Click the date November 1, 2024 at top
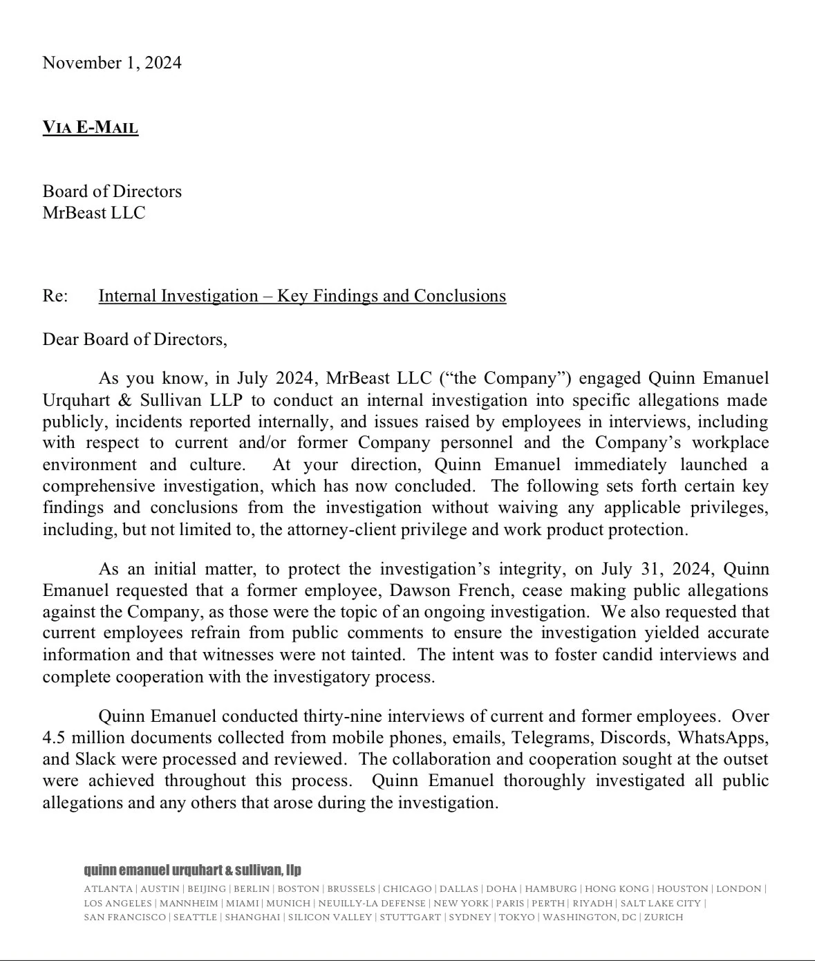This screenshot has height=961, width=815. pos(112,63)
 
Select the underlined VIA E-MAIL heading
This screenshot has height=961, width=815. pos(91,127)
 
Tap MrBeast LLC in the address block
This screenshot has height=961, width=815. pos(94,213)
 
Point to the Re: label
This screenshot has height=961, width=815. pos(55,297)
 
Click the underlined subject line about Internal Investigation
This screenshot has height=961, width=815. pos(302,297)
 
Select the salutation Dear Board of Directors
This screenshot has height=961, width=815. pos(134,339)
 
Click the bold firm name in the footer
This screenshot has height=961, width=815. pos(192,870)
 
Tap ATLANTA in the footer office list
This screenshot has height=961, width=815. pos(109,889)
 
